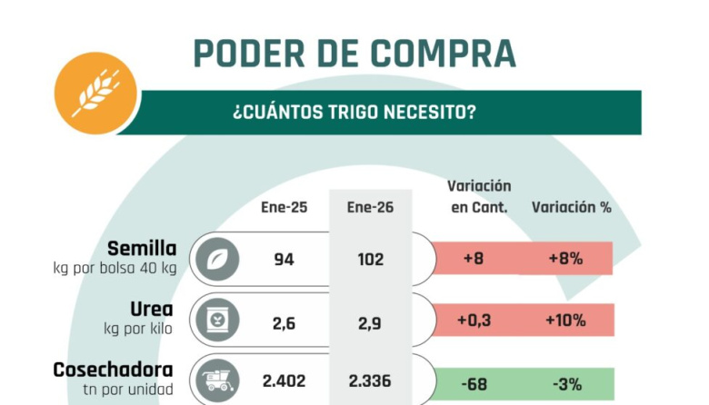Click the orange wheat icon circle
pos(95,93)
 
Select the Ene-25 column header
pos(284,207)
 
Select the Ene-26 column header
pos(371,207)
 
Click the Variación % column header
pos(571,207)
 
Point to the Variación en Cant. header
pos(479,196)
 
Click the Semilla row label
pos(142,248)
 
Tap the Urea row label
pos(156,309)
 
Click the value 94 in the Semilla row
pos(284,259)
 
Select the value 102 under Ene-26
pos(371,259)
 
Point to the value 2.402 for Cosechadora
pos(284,381)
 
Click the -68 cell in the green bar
pos(474,382)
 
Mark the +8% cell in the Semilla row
pos(565,259)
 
